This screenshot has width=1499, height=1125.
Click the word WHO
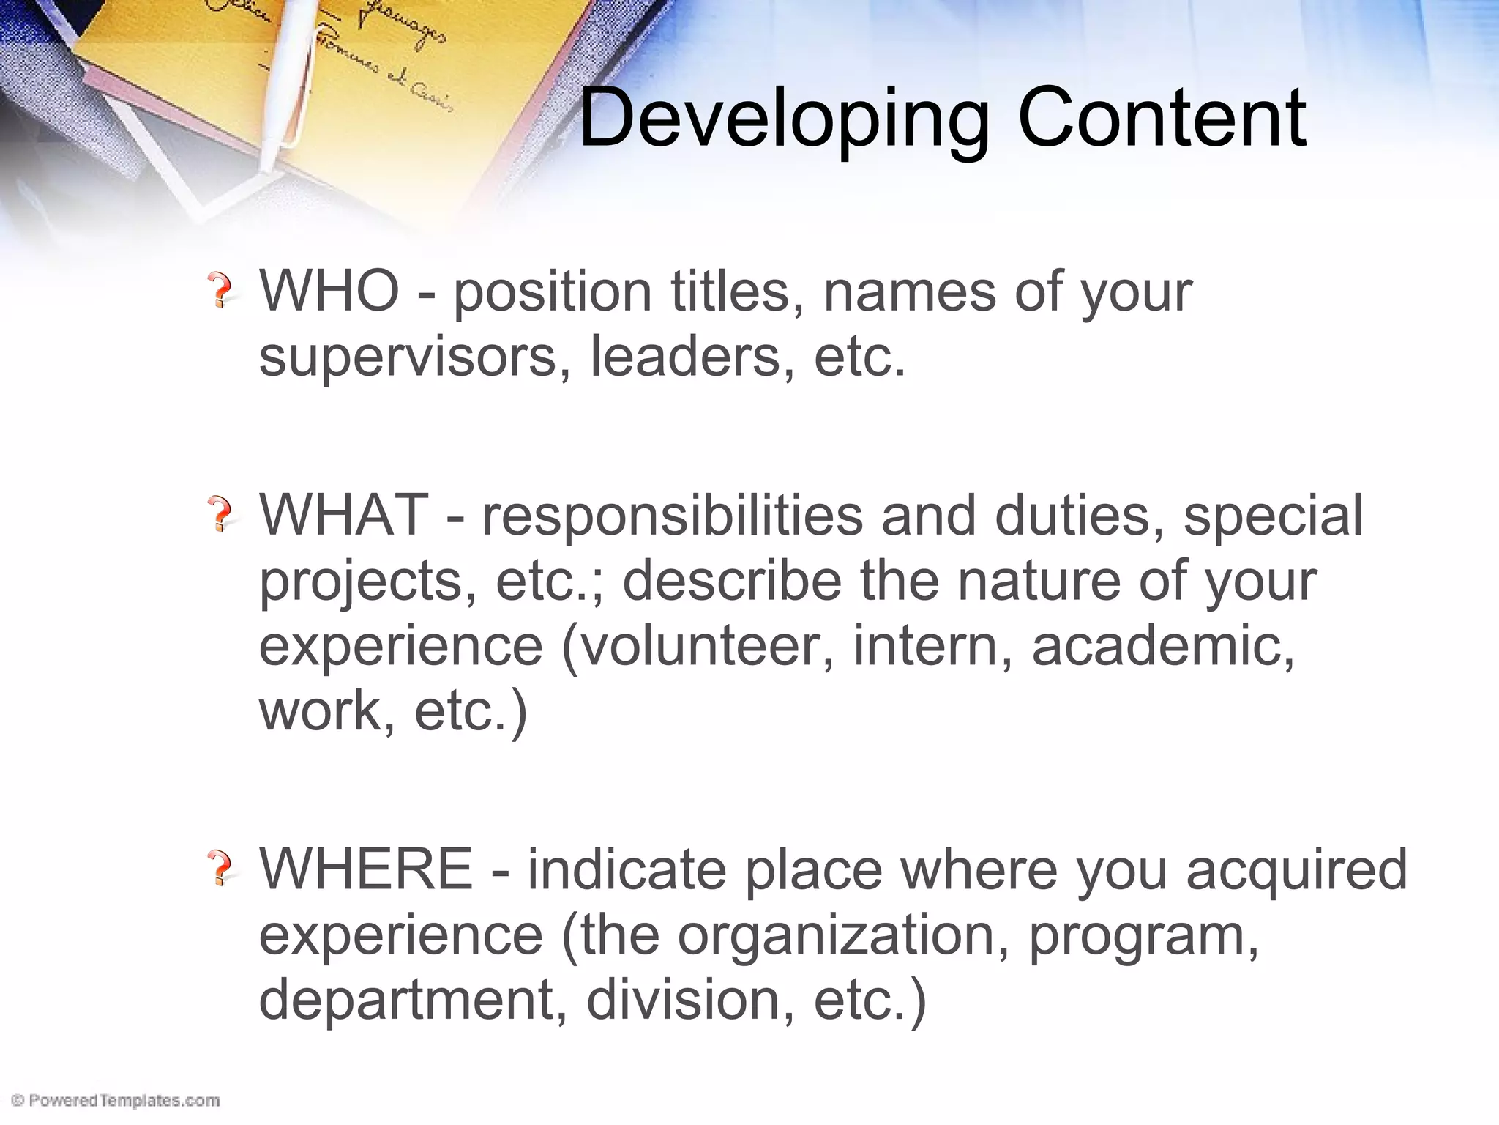[x=329, y=291]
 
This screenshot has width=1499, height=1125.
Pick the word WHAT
[x=343, y=515]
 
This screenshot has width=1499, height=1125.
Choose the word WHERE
[x=366, y=869]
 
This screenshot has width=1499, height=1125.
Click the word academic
[x=1163, y=645]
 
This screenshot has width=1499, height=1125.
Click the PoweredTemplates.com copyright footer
[x=116, y=1100]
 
